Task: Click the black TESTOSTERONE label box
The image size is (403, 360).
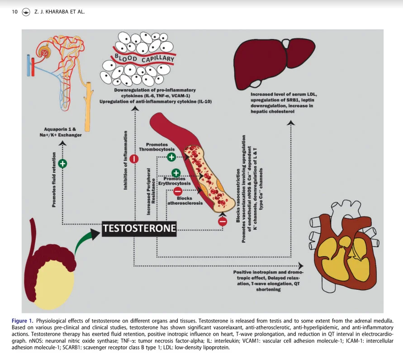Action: coord(139,228)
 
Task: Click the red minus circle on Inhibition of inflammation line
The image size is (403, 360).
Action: coord(134,159)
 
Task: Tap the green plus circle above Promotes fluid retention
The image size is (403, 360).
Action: coord(62,163)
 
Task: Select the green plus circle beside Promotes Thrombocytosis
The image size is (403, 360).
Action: coord(171,157)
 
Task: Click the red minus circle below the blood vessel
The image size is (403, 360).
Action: coord(222,221)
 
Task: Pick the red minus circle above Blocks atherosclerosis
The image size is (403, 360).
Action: coord(178,192)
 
